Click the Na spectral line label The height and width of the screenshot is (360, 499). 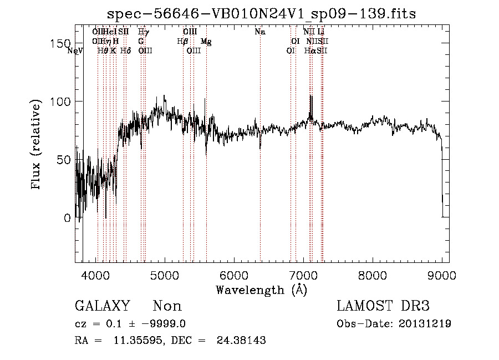[260, 32]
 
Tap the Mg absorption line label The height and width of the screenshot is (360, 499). [206, 42]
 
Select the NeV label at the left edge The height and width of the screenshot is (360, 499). [74, 51]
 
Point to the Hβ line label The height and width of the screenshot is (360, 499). [182, 42]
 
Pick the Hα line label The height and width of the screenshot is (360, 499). [309, 51]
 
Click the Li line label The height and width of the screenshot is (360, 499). [321, 32]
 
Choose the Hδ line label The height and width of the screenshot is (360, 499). [125, 51]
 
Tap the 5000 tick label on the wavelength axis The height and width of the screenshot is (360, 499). [165, 274]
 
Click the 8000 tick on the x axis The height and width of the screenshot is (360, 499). [373, 274]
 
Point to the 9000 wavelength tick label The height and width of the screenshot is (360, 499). [442, 274]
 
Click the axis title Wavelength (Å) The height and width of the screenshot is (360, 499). [261, 290]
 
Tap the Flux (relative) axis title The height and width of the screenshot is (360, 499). [37, 146]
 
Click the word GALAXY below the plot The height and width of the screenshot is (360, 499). [102, 306]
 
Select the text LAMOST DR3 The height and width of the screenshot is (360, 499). [383, 306]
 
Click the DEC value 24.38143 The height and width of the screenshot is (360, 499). [242, 341]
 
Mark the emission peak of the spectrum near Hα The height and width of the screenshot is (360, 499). [311, 97]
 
